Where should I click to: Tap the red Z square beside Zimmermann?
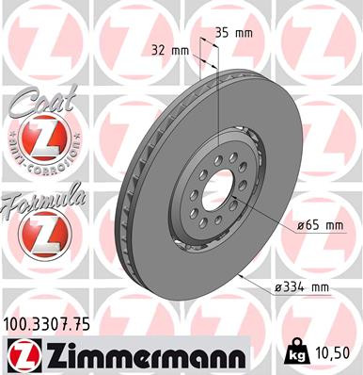tap(24, 356)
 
